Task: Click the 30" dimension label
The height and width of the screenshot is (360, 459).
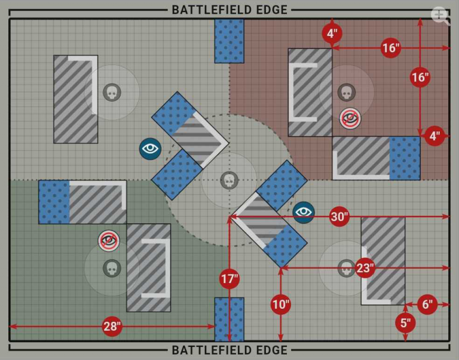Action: click(x=339, y=217)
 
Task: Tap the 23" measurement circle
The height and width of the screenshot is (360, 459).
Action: click(x=365, y=267)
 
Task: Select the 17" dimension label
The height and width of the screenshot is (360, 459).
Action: click(x=229, y=279)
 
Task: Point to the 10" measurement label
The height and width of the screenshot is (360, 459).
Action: click(x=281, y=304)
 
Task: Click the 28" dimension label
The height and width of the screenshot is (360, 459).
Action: click(x=112, y=327)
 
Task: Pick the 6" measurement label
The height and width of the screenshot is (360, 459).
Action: click(x=427, y=304)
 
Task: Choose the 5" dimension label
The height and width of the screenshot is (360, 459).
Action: click(x=406, y=323)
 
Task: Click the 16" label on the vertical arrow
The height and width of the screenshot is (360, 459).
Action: click(x=420, y=77)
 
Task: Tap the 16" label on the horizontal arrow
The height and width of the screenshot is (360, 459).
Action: click(x=390, y=48)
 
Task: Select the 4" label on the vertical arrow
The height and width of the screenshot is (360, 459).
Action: click(x=332, y=33)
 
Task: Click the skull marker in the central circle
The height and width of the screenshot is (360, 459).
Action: click(x=228, y=180)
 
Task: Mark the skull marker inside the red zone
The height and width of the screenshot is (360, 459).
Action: click(x=345, y=92)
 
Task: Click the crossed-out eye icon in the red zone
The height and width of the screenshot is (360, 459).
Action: click(x=350, y=119)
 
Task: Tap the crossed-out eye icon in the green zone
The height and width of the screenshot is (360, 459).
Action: click(x=109, y=241)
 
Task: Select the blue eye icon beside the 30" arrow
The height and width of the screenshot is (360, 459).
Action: click(x=304, y=211)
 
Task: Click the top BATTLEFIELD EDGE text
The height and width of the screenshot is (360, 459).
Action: click(x=229, y=10)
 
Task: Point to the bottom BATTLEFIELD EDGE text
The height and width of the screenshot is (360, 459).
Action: click(x=229, y=350)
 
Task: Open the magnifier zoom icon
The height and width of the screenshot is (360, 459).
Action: click(x=440, y=16)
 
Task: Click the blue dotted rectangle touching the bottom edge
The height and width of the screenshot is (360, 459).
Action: click(x=229, y=319)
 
